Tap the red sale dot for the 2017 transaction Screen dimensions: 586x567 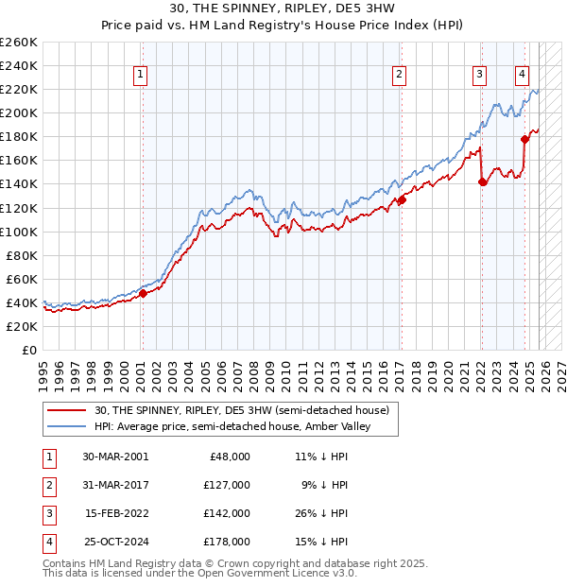[x=402, y=199]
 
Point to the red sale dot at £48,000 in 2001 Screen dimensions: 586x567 [x=143, y=293]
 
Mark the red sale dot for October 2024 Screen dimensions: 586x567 [x=524, y=139]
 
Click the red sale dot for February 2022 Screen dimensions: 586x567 [x=482, y=181]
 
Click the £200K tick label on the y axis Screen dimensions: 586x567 [x=19, y=112]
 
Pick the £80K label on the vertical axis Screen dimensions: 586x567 [x=21, y=255]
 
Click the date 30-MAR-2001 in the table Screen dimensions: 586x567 [x=114, y=456]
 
